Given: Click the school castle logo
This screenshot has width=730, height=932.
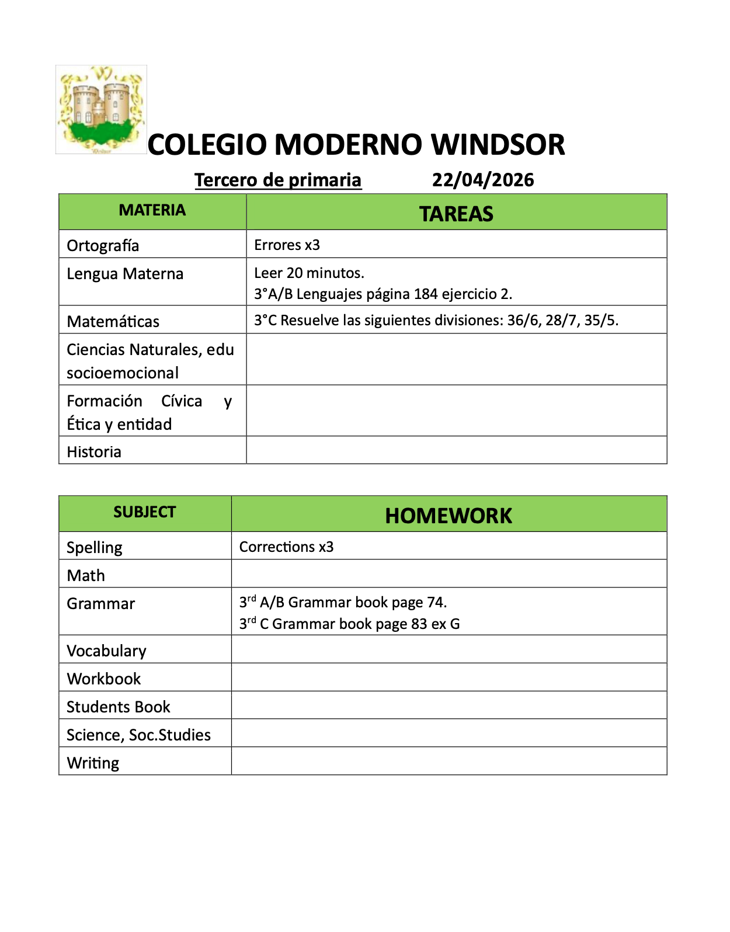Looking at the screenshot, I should pos(101,110).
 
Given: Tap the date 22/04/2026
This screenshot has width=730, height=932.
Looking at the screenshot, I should pos(483,180).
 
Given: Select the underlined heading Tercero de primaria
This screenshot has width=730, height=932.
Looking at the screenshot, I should pos(278,180).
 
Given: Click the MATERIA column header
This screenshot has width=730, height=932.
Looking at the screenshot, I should pos(152,210).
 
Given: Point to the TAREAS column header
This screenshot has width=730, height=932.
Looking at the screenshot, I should pos(456,214).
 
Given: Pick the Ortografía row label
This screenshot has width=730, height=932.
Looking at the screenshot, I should pos(103,245).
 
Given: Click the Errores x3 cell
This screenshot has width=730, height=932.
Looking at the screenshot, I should pos(287,245).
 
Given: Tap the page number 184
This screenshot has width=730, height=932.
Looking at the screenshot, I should pos(426,294).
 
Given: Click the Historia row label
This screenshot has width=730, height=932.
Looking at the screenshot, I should pos(94,452).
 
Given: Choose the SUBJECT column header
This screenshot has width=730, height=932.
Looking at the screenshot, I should pos(144,512).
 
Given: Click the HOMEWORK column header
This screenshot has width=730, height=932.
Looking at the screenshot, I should pos(449,516).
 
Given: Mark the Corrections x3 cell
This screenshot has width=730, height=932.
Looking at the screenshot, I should pos(286,547).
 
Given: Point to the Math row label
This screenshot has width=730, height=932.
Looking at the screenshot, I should pos(86,576).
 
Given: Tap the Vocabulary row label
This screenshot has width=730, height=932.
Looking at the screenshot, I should pos(106,651).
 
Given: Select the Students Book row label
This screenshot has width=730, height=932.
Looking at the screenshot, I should pos(118,707).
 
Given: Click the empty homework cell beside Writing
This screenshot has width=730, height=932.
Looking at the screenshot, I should pos(449,761).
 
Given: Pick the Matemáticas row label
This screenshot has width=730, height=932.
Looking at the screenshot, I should pos(113,322).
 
